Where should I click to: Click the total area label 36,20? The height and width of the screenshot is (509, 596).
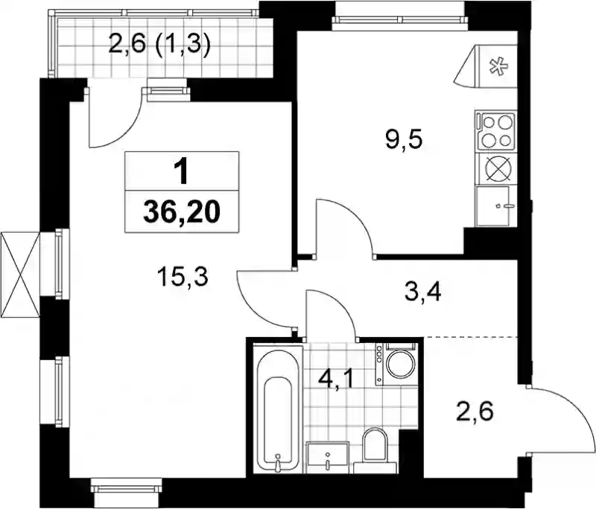pos(182,214)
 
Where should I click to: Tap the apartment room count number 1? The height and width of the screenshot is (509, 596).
pos(182,172)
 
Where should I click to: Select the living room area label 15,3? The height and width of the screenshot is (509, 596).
pos(183,277)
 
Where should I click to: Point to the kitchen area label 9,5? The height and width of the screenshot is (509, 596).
pos(403,140)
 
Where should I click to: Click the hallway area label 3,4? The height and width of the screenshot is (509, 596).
pos(422,292)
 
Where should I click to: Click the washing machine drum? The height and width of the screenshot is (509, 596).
pos(401,363)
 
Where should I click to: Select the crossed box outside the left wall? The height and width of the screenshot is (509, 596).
pos(20,275)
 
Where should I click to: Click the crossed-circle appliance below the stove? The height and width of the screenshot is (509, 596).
pos(496,168)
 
